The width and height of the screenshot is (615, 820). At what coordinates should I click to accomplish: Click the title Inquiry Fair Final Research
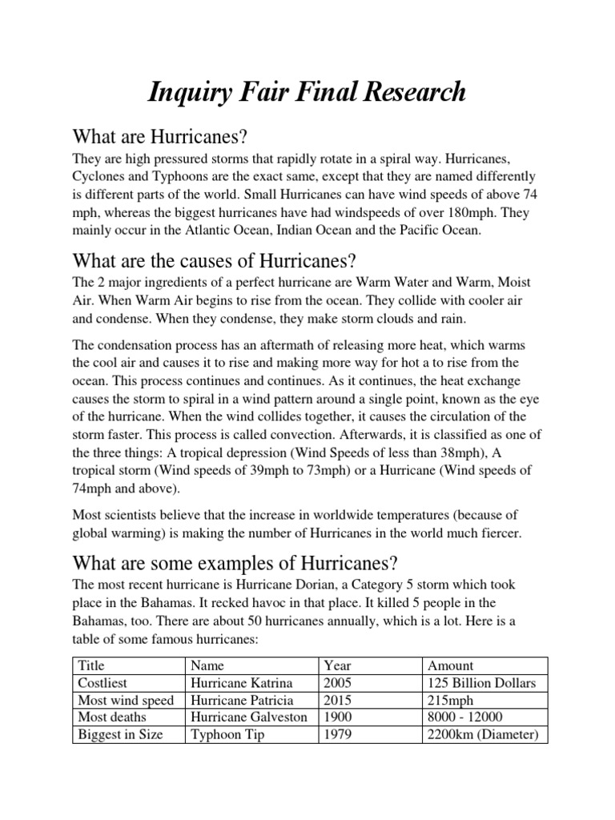click(x=307, y=91)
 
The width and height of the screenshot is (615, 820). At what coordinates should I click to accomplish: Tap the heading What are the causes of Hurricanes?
click(x=213, y=261)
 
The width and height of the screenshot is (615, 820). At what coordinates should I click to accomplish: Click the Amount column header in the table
click(x=451, y=665)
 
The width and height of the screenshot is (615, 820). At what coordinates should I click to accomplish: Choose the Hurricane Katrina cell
click(x=242, y=683)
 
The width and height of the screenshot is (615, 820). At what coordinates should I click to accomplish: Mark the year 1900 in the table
click(x=338, y=717)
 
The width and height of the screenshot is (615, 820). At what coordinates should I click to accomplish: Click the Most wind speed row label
click(x=126, y=701)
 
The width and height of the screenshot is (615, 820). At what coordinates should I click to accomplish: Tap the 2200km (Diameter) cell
click(x=484, y=734)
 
